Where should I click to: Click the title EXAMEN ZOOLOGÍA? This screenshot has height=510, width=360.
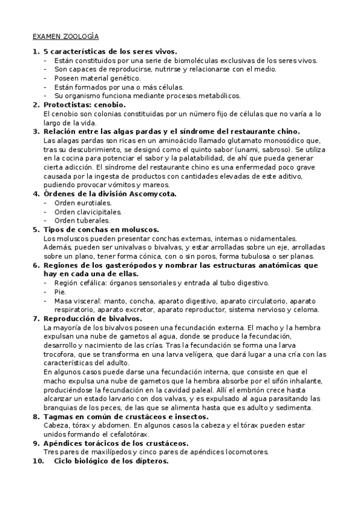(x=66, y=36)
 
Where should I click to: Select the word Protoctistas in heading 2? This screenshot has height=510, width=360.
(x=66, y=105)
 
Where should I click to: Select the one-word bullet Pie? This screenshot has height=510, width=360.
(x=59, y=292)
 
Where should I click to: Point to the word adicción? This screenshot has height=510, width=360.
(x=79, y=167)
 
